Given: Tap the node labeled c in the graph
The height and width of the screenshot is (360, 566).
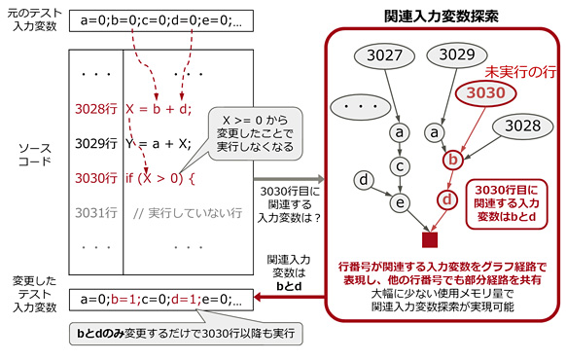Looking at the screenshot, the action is click(x=400, y=164).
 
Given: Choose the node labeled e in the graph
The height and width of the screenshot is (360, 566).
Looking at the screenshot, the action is click(x=400, y=201).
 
